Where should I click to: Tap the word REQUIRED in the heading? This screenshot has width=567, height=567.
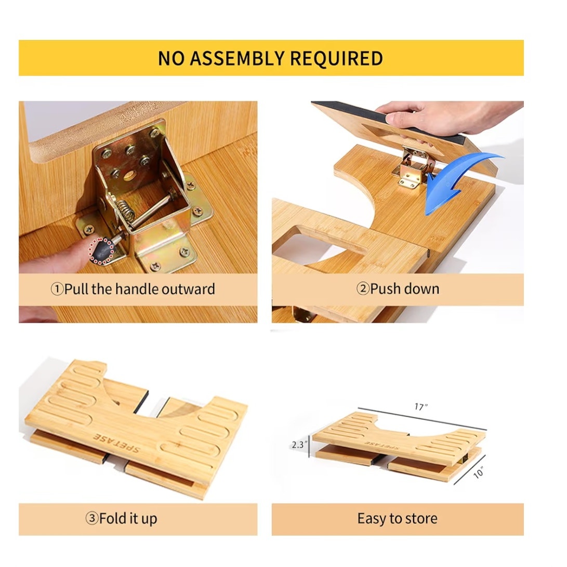pos(336,59)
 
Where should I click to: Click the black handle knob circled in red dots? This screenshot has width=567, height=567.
pos(102,250)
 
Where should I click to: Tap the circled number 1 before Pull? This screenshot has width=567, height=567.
pos(57,289)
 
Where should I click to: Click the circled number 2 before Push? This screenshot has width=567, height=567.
pos(363,289)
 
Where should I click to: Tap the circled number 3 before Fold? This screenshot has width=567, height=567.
pos(92,518)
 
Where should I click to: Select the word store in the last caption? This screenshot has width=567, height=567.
pos(421,519)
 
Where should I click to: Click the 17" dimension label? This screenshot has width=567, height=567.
pos(421,407)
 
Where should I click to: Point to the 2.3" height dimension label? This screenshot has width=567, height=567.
pos(299,444)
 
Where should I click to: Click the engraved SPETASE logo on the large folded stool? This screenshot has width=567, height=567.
pos(116,443)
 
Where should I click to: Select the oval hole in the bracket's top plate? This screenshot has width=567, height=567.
pos(129,176)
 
